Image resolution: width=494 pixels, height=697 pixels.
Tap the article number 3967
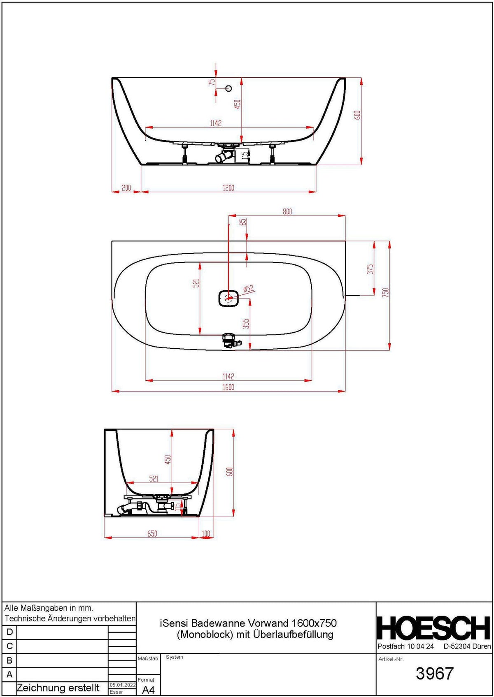(434, 673)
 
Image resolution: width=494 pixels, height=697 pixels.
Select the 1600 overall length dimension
(228, 387)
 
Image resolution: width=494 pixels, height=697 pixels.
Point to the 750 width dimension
(385, 292)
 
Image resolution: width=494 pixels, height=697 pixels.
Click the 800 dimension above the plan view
(287, 212)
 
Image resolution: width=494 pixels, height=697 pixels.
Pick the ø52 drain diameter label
(249, 289)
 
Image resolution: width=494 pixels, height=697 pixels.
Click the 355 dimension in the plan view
(246, 324)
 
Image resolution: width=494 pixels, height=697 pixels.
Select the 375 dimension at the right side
(370, 269)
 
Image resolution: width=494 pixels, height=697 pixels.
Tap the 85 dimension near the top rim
(243, 222)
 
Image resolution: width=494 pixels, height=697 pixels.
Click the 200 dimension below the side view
(126, 188)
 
